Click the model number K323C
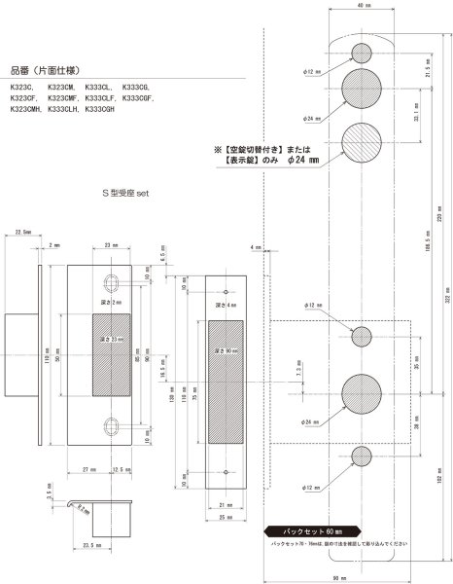coord(21,85)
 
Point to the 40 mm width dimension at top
coord(361,7)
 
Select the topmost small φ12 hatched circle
coord(361,52)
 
